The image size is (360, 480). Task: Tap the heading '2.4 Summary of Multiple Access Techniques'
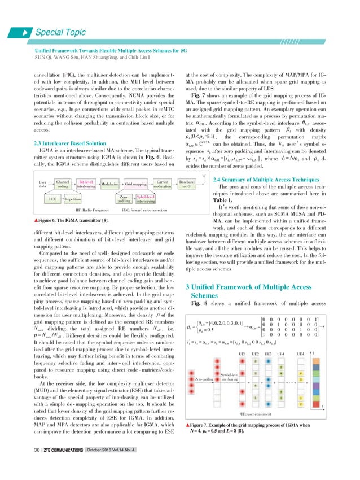pyautogui.click(x=244, y=163)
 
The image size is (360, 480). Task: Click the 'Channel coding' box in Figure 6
pyautogui.click(x=63, y=184)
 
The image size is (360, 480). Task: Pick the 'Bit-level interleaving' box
pyautogui.click(x=86, y=184)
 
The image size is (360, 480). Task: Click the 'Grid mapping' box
pyautogui.click(x=136, y=184)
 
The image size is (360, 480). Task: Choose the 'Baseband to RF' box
pyautogui.click(x=186, y=184)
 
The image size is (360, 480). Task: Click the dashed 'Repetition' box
pyautogui.click(x=72, y=200)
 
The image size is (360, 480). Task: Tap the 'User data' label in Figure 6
pyautogui.click(x=43, y=184)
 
